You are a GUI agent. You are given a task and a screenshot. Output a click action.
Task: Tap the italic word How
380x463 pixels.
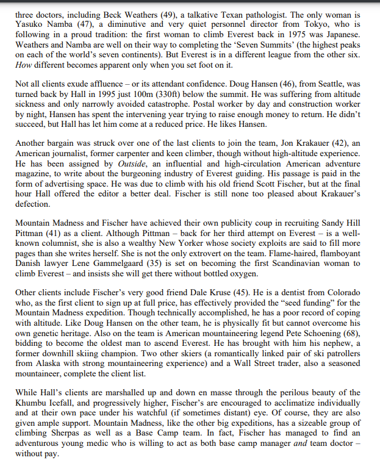[24, 65]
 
